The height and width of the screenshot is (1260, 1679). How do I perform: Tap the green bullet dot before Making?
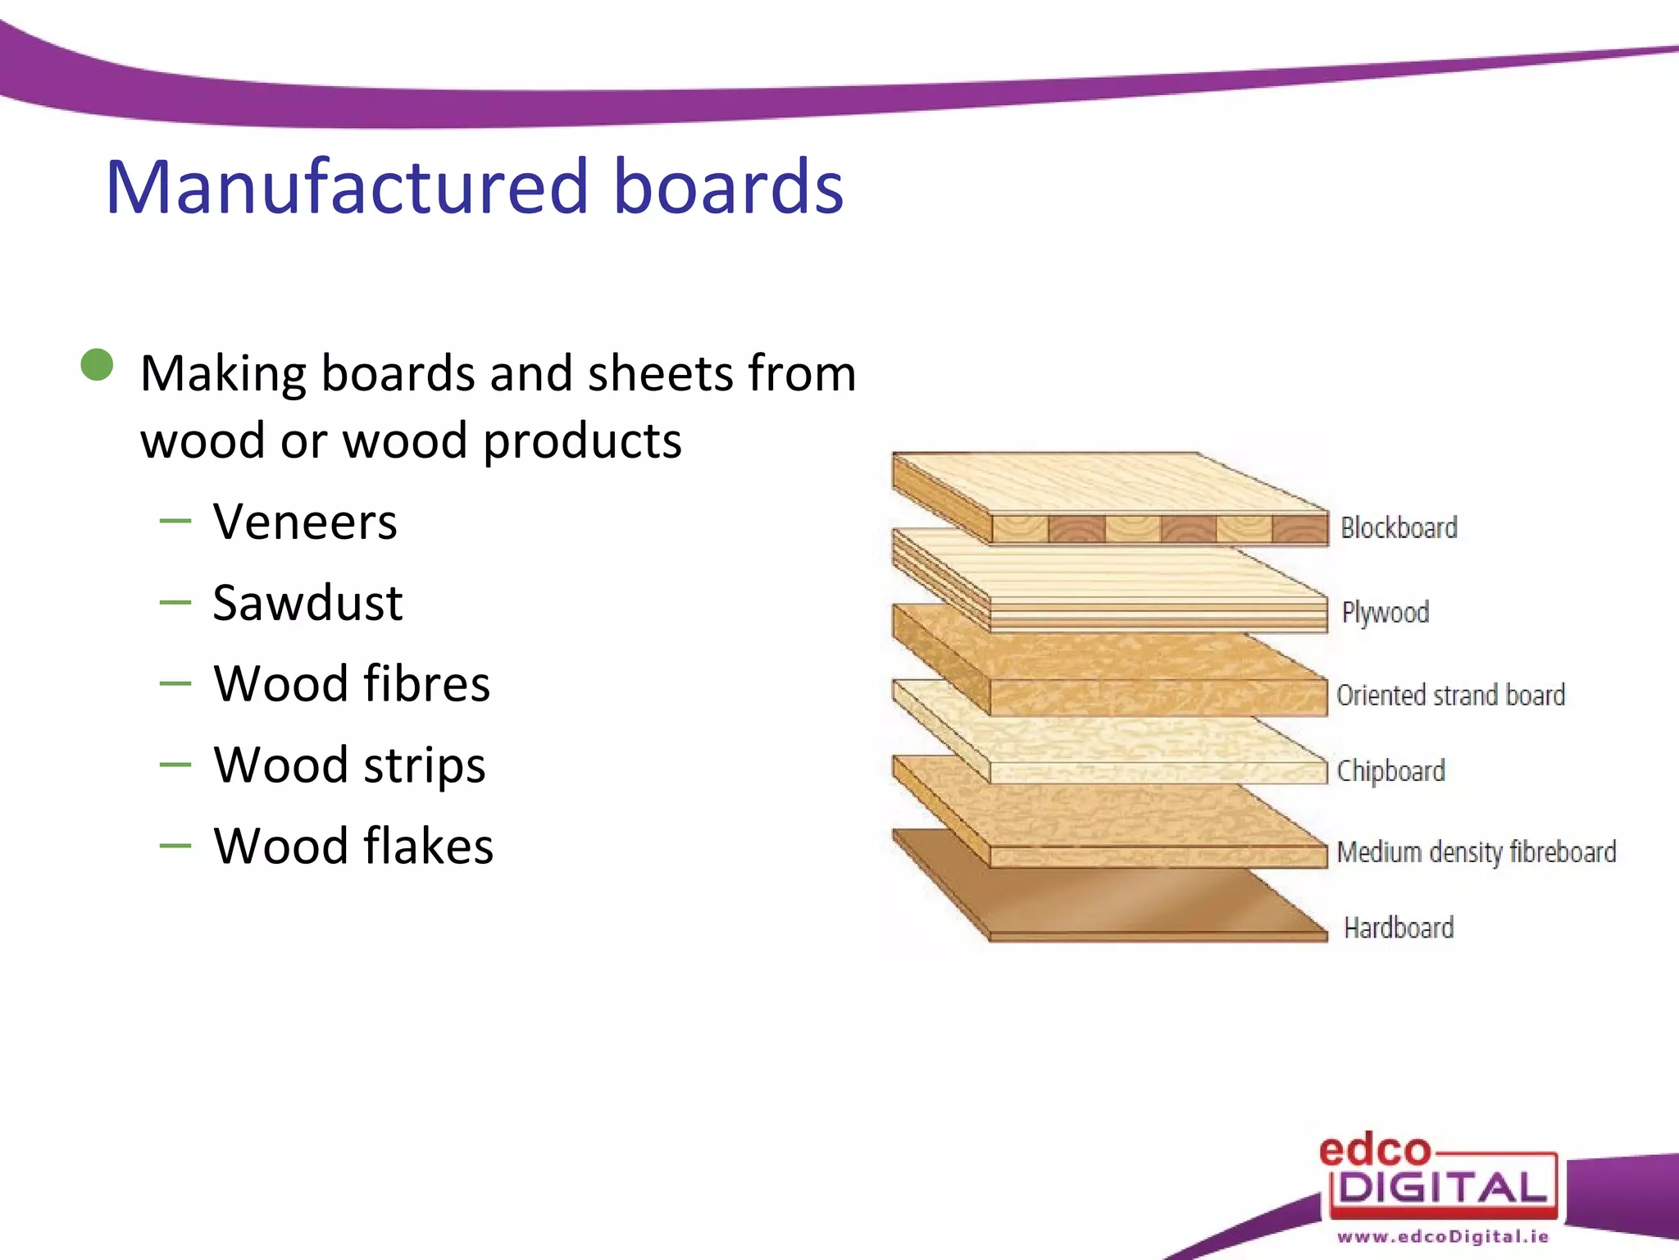click(98, 365)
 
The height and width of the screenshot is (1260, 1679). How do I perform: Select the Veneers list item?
click(305, 522)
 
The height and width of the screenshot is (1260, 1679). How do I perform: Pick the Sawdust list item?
click(307, 603)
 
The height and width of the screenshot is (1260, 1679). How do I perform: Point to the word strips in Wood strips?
click(424, 765)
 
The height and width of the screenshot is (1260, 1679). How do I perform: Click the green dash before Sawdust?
click(175, 603)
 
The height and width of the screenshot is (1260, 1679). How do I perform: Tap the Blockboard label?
click(1399, 527)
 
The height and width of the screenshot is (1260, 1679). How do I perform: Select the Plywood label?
click(1385, 612)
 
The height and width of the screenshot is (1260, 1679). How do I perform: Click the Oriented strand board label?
click(1450, 695)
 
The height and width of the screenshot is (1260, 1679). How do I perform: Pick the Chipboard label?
click(1390, 771)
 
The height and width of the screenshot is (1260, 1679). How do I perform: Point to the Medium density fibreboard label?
click(1476, 851)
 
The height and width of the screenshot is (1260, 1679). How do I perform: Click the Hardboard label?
click(1399, 928)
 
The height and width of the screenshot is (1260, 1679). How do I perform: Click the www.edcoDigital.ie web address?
click(1443, 1236)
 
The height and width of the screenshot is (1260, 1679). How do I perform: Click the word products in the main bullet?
click(582, 441)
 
